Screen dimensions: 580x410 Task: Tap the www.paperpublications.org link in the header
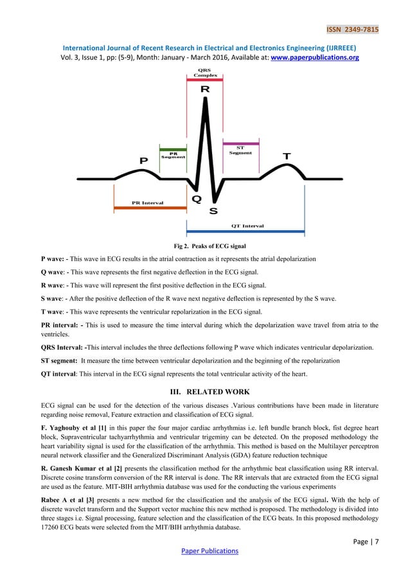tap(313, 57)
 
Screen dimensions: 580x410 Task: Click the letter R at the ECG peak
tap(204, 89)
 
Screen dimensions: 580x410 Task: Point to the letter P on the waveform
tap(143, 160)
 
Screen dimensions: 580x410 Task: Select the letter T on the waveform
tap(287, 156)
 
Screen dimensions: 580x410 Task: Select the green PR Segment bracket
tap(172, 147)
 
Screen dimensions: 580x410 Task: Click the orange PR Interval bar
tap(148, 208)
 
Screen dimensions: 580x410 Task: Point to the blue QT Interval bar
tap(245, 231)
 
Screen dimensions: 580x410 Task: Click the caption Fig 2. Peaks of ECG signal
tap(204, 246)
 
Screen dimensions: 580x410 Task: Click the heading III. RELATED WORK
tap(204, 392)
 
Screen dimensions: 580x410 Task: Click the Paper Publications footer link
tap(204, 550)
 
